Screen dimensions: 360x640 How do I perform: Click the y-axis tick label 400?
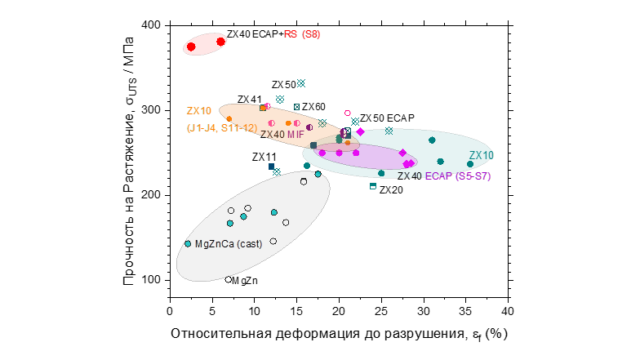(x=150, y=25)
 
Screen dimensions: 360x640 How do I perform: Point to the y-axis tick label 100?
(x=150, y=280)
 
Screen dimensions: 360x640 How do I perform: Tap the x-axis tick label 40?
(x=508, y=311)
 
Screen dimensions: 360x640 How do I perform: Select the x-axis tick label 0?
(x=169, y=311)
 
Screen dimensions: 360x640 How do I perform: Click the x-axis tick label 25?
(x=381, y=311)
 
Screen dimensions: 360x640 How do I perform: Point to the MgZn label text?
(x=246, y=281)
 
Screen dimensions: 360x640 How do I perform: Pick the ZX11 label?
(x=264, y=157)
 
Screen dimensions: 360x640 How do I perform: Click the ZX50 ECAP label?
(x=387, y=118)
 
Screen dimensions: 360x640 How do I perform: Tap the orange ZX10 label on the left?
(x=198, y=111)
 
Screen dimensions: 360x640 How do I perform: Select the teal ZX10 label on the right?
(x=481, y=156)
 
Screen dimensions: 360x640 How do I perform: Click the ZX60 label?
(x=313, y=107)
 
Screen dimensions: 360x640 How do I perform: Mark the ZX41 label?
(x=249, y=100)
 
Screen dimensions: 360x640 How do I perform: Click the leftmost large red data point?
(x=191, y=47)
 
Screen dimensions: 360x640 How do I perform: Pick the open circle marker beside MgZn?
(x=229, y=280)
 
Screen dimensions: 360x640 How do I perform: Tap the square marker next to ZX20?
(x=373, y=186)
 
